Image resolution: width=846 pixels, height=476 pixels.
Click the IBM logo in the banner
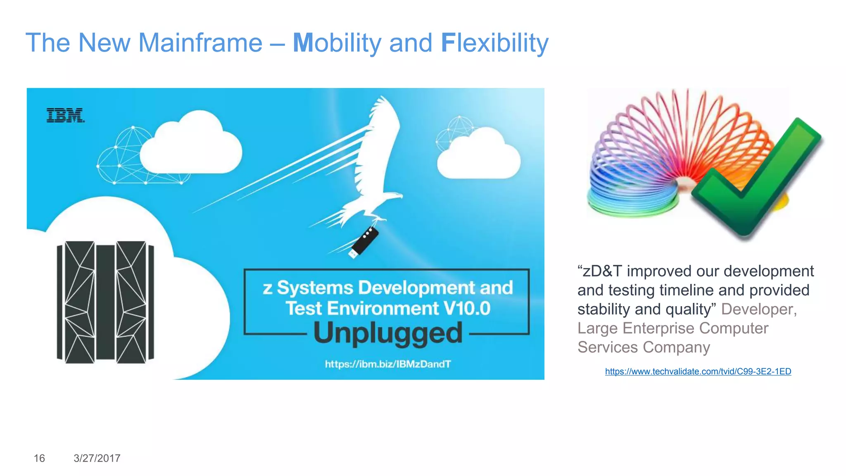(x=65, y=115)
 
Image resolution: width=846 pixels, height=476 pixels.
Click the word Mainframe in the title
(x=200, y=43)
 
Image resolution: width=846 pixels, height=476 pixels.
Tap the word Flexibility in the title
(x=494, y=43)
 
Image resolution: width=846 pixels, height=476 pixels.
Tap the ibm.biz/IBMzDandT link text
(x=387, y=364)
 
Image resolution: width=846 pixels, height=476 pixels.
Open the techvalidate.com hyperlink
(x=698, y=371)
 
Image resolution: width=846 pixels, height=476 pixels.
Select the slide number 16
(x=39, y=458)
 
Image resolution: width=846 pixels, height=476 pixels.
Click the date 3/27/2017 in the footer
(x=97, y=458)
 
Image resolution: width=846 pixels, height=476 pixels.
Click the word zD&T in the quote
(x=602, y=271)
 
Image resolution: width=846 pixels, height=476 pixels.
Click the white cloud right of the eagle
(x=479, y=155)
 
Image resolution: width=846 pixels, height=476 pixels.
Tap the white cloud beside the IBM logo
(x=190, y=145)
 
